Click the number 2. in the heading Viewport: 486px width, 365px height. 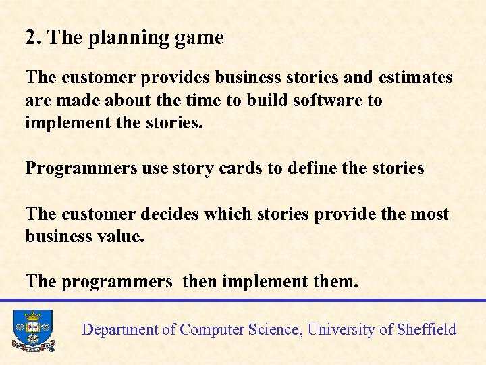click(34, 38)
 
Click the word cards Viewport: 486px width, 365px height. click(242, 168)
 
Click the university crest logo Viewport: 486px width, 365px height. click(32, 331)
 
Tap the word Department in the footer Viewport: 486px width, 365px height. click(119, 330)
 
